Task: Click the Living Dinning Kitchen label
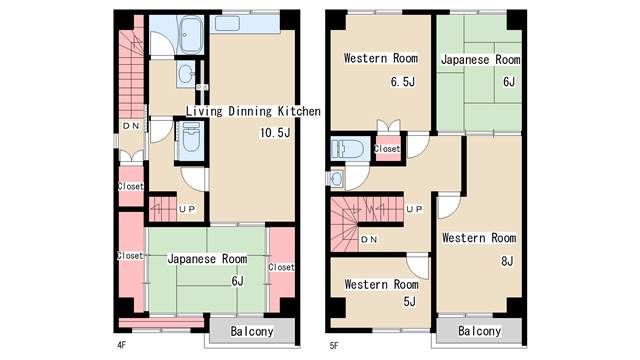pyautogui.click(x=253, y=111)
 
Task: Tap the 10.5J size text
pyautogui.click(x=276, y=133)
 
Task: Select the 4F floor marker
pyautogui.click(x=121, y=345)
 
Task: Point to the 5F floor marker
pyautogui.click(x=334, y=346)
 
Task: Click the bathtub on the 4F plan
pyautogui.click(x=191, y=35)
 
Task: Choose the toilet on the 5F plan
pyautogui.click(x=348, y=149)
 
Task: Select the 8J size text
pyautogui.click(x=507, y=261)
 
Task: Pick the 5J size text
pyautogui.click(x=409, y=302)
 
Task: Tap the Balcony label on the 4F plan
pyautogui.click(x=252, y=331)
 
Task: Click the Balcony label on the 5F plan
pyautogui.click(x=480, y=331)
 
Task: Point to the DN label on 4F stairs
pyautogui.click(x=131, y=126)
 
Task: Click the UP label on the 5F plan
pyautogui.click(x=414, y=209)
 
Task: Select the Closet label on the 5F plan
pyautogui.click(x=387, y=149)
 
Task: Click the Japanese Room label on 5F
pyautogui.click(x=481, y=60)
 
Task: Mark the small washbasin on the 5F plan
pyautogui.click(x=337, y=179)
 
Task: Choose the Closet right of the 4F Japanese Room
pyautogui.click(x=281, y=267)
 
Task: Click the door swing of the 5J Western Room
pyautogui.click(x=417, y=266)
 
